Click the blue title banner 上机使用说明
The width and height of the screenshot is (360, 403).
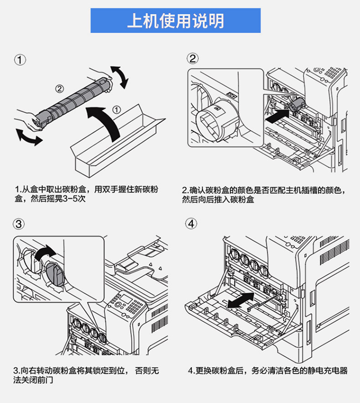[x=175, y=21]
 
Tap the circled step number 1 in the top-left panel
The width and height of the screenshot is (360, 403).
[x=19, y=60]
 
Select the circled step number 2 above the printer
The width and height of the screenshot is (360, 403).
[x=192, y=59]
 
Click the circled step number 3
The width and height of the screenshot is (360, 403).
[x=19, y=224]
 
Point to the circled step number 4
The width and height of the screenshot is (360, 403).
[x=192, y=224]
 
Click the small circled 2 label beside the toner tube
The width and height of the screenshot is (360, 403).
[x=59, y=88]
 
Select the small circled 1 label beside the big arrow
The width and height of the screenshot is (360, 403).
[x=116, y=109]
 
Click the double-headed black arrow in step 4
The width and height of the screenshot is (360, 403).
[x=240, y=301]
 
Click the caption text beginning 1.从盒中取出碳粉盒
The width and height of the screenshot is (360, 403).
[x=86, y=194]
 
